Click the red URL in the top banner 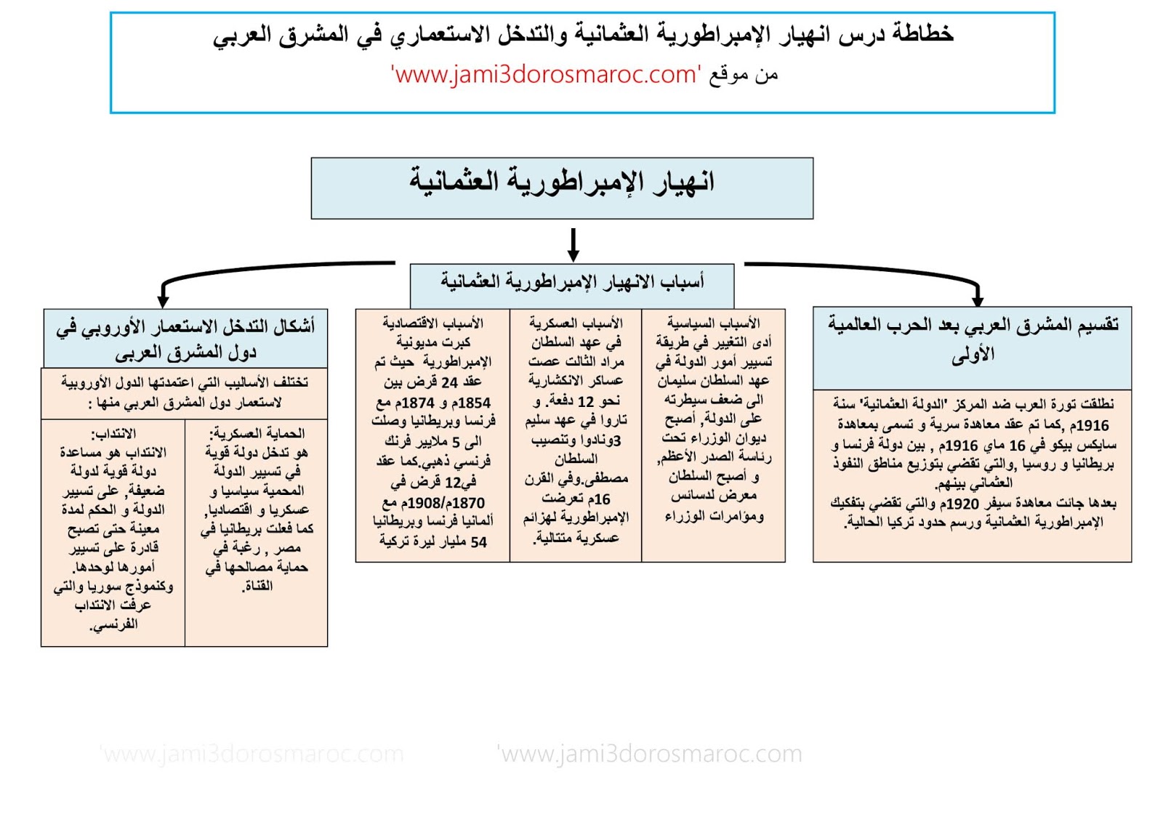point(546,74)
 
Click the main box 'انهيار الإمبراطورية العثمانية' point(561,188)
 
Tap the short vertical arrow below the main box point(574,244)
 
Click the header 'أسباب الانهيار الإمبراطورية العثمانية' point(572,282)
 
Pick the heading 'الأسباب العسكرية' point(576,323)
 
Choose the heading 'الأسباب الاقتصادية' point(433,323)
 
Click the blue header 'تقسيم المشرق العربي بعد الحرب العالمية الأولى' point(973,339)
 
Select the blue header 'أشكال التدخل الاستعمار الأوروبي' point(185,339)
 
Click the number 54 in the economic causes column point(478,542)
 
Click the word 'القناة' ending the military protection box point(258,586)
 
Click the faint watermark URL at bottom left point(251,754)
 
